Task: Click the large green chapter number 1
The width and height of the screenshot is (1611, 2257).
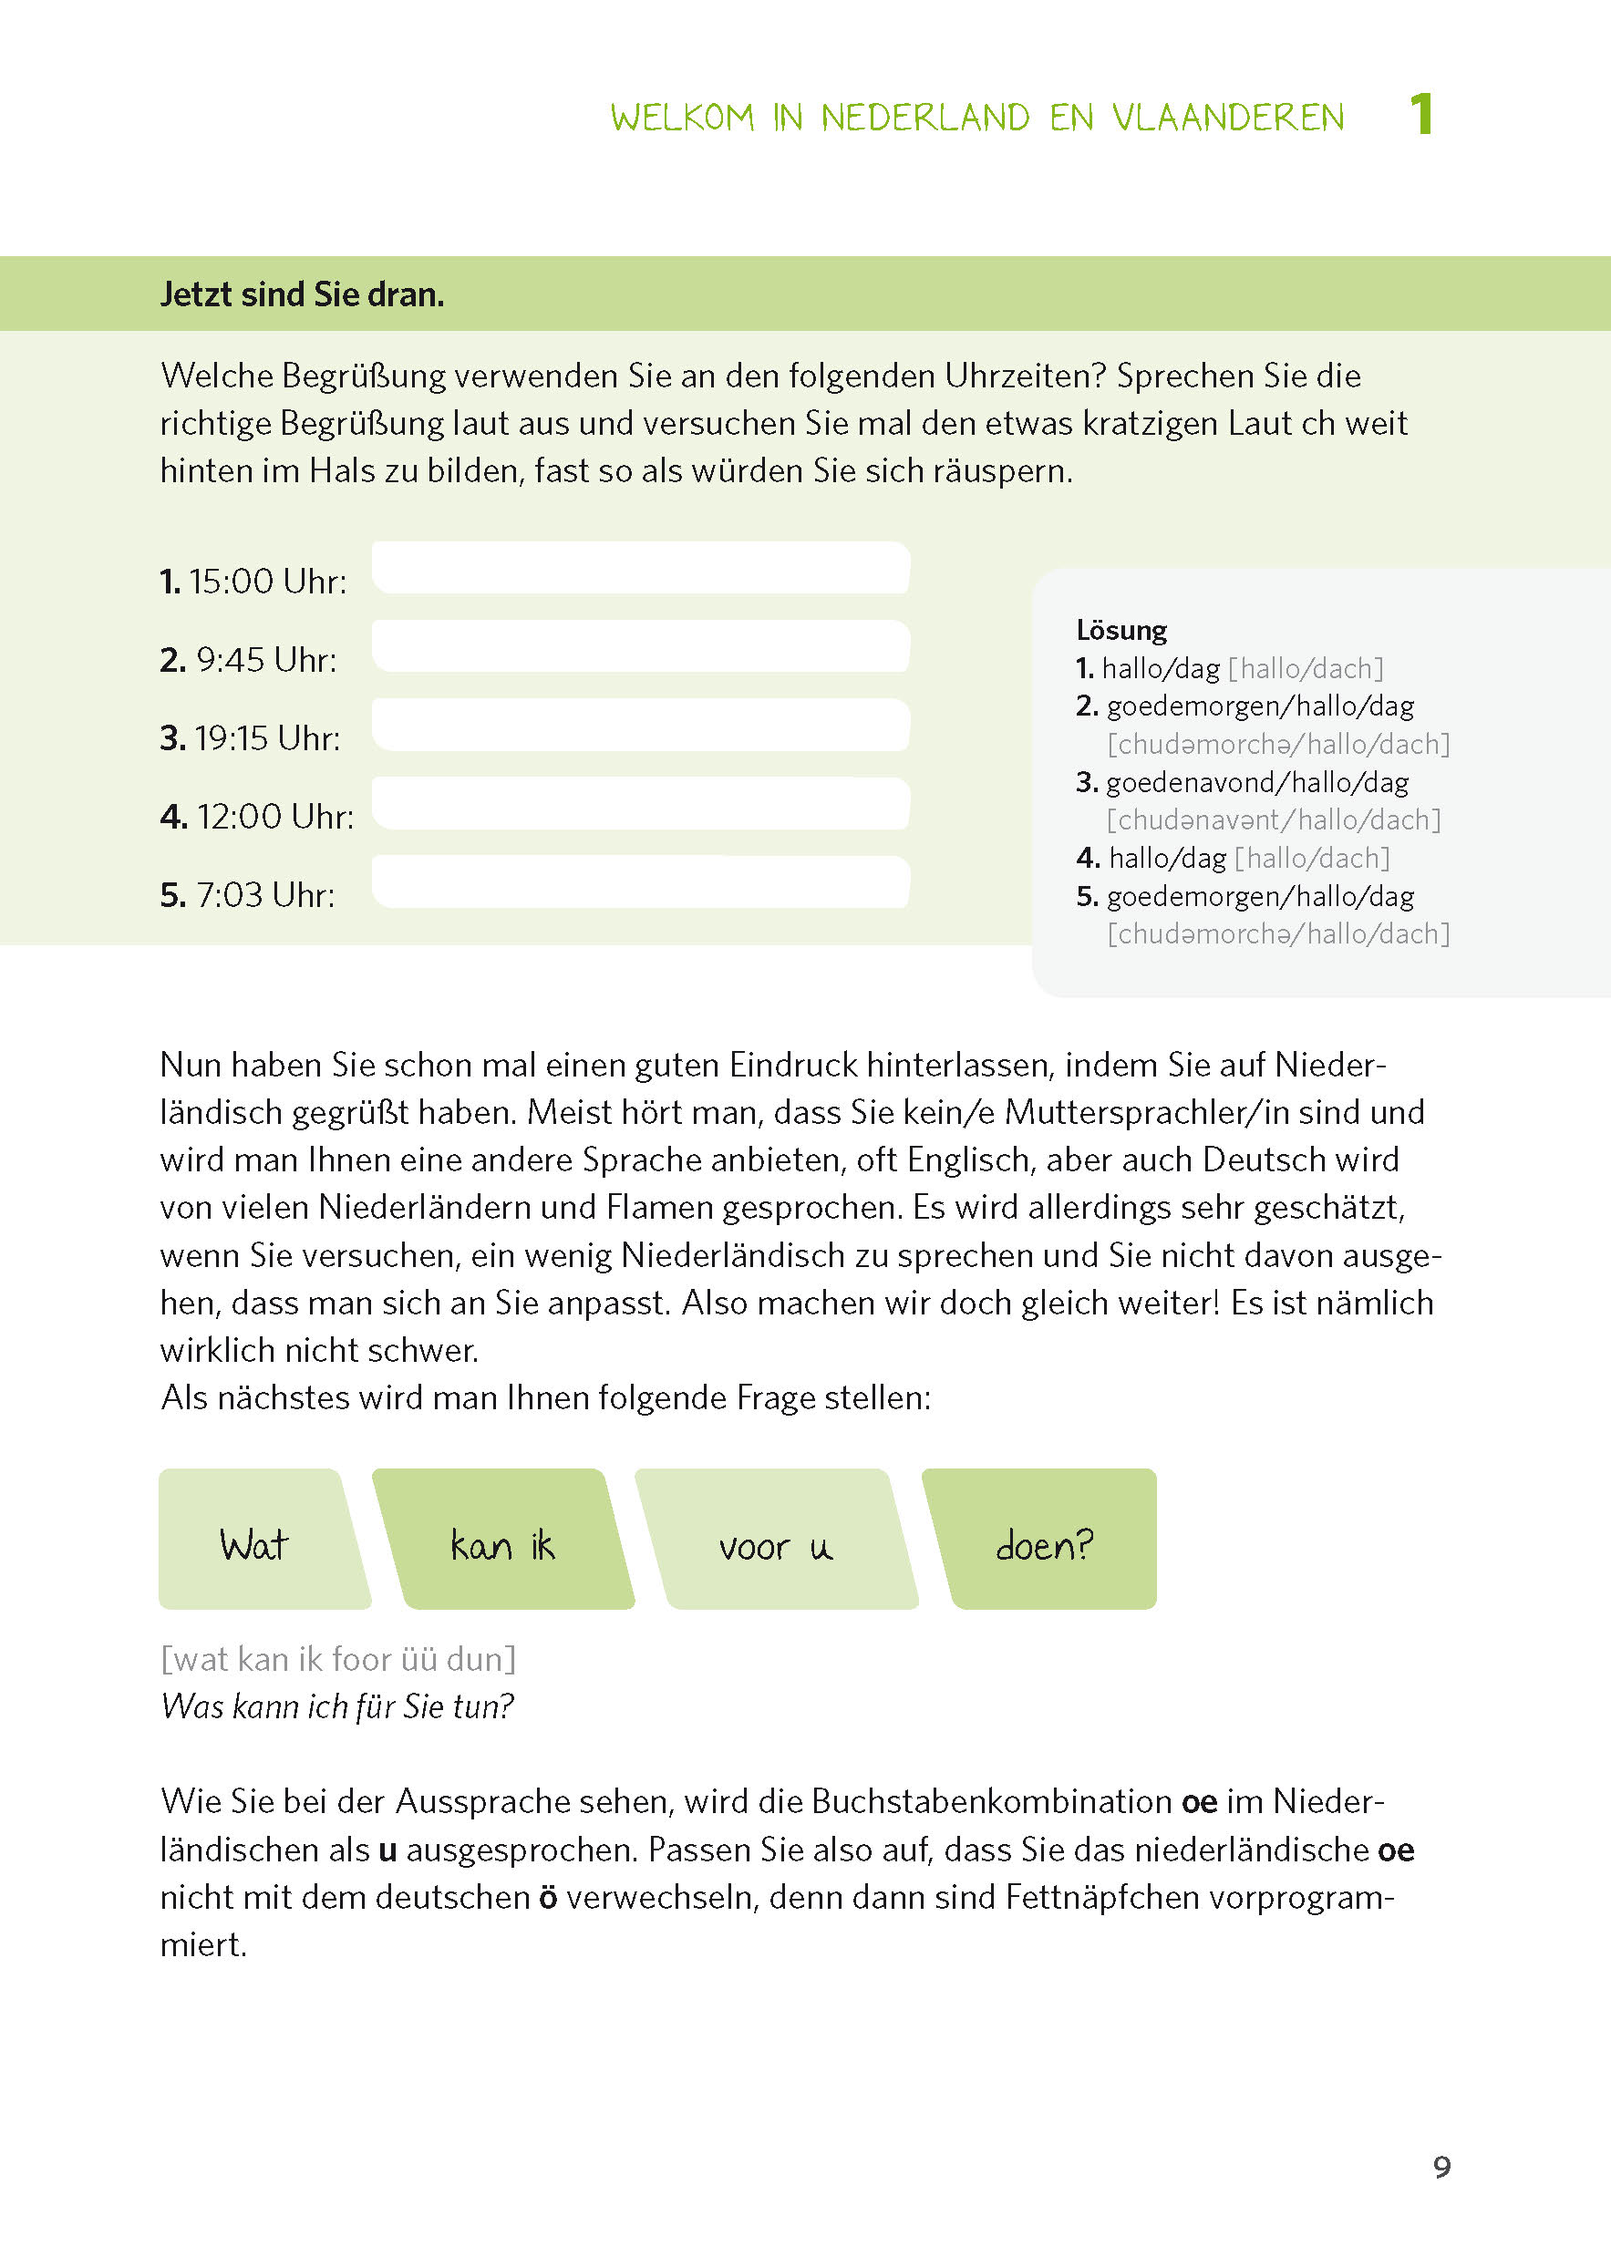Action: point(1421,114)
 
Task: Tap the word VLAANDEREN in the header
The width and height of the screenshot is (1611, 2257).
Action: point(1227,118)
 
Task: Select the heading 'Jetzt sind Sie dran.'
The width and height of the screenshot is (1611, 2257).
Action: point(302,294)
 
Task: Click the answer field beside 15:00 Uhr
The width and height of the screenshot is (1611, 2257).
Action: point(641,568)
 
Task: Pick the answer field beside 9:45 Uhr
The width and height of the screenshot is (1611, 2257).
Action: point(641,646)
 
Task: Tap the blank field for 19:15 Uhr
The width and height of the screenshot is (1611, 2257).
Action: point(641,725)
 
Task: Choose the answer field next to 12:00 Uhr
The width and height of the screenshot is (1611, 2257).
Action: point(641,803)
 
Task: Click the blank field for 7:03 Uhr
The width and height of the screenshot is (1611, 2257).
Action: point(641,881)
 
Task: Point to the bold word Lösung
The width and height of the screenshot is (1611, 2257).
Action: point(1121,631)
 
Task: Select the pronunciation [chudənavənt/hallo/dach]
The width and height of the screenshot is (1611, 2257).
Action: point(1274,820)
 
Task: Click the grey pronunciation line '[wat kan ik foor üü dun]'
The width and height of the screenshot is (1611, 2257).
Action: point(338,1659)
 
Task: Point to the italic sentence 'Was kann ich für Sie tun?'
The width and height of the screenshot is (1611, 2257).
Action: point(337,1706)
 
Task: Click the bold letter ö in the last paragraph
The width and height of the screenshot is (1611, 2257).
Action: point(548,1897)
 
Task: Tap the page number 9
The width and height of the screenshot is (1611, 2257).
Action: point(1441,2167)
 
